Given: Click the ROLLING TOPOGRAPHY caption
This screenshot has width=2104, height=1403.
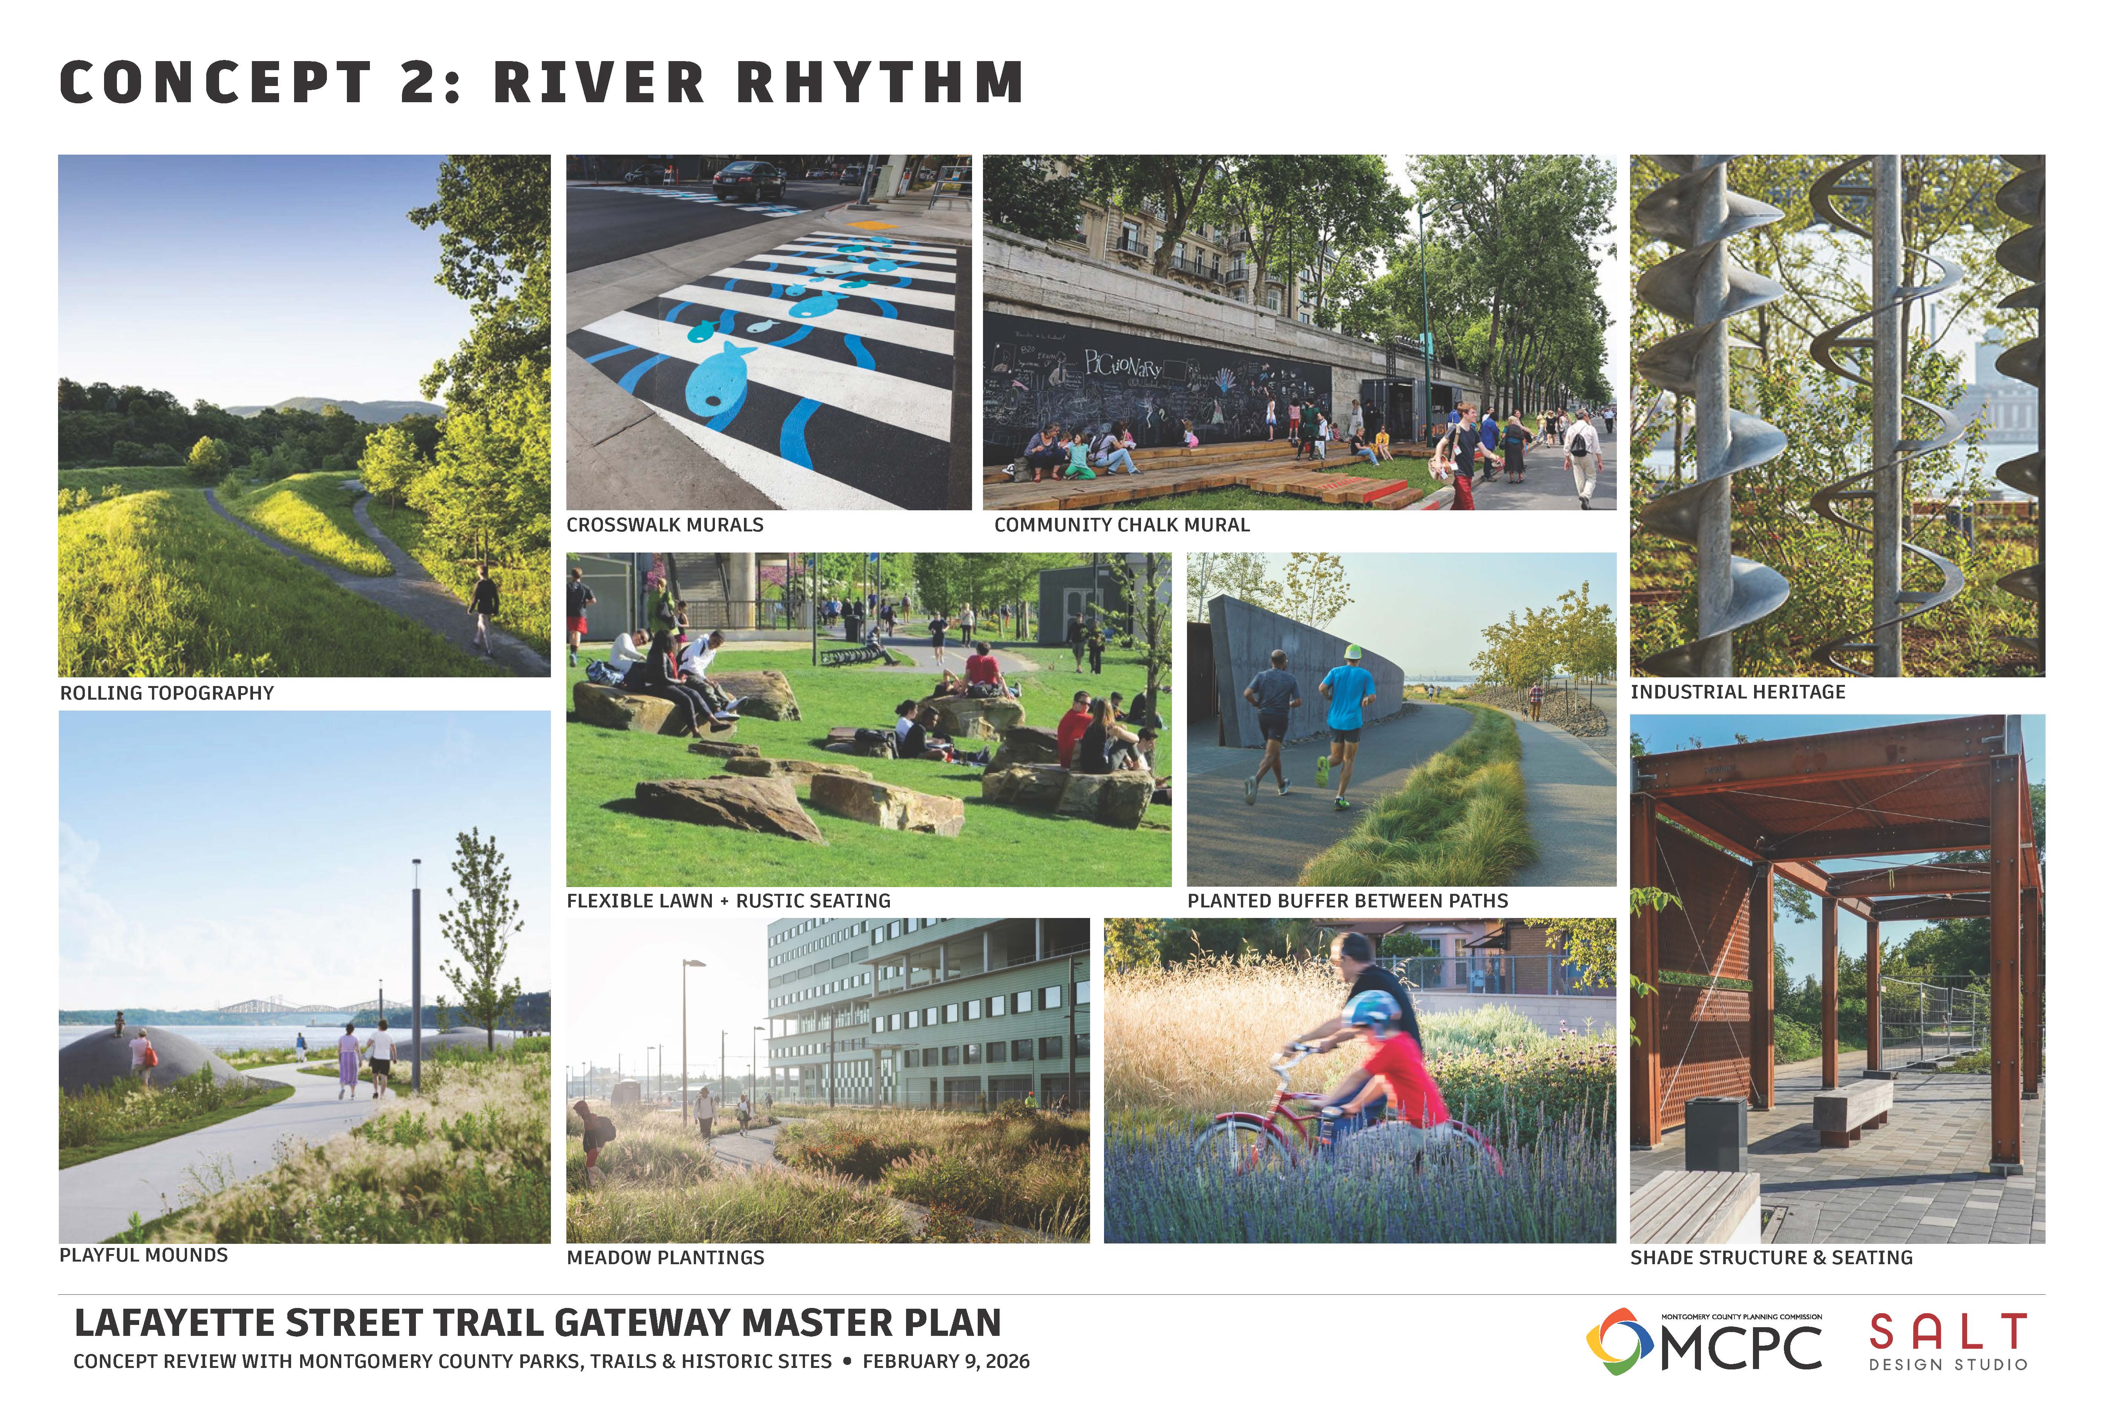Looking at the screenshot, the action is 166,692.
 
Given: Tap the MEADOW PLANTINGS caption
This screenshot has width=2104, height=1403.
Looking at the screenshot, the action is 666,1257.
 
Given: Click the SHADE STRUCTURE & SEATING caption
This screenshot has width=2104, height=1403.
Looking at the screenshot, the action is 1771,1257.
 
